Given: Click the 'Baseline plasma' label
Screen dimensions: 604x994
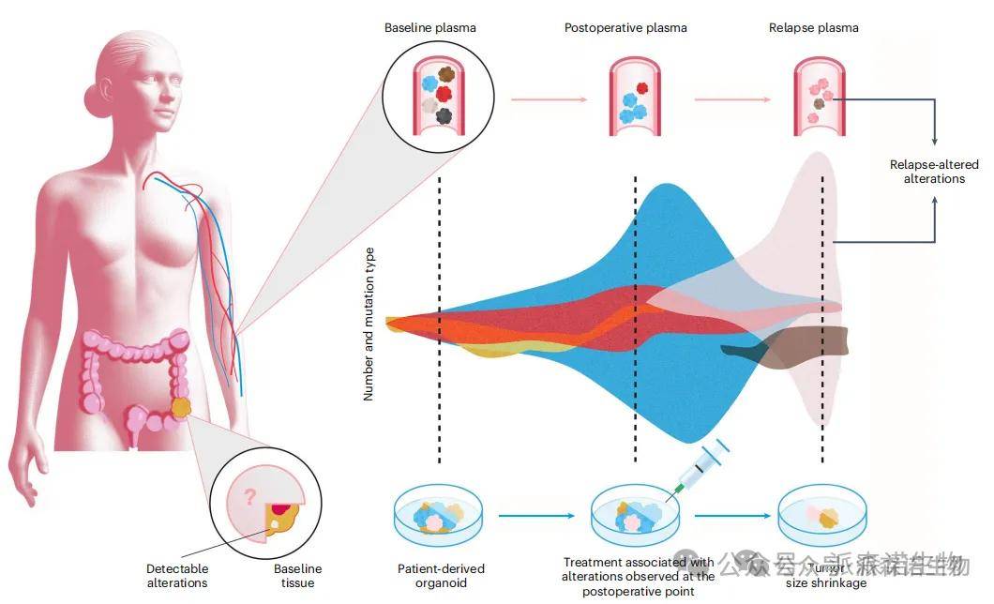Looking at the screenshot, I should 429,27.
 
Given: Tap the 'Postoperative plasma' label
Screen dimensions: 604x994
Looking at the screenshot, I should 625,27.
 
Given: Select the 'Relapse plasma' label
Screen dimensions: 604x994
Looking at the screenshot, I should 813,27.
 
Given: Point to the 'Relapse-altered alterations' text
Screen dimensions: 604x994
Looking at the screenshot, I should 934,172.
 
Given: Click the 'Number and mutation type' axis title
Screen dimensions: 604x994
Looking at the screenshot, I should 369,324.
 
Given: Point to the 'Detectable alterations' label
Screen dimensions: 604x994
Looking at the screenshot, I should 177,576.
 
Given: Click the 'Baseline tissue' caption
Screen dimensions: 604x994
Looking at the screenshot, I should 297,576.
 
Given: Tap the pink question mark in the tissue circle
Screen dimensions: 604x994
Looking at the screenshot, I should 249,497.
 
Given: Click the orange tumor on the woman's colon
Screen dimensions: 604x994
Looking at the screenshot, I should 182,409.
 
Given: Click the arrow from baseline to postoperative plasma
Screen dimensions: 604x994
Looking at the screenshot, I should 547,98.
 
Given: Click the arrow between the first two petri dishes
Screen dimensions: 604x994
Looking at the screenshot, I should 535,515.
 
